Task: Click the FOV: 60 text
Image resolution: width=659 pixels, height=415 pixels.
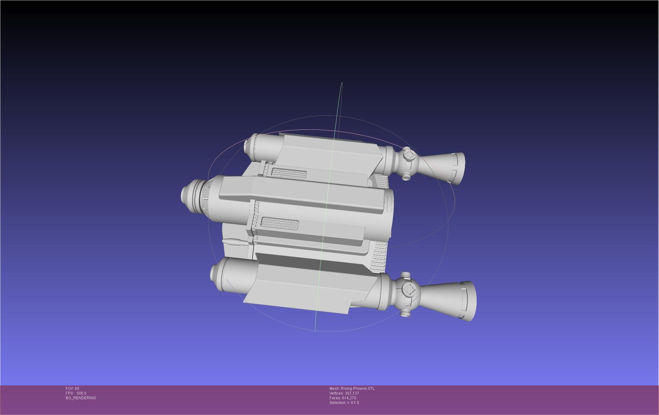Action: click(72, 389)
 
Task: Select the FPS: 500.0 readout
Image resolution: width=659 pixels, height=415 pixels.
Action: click(76, 393)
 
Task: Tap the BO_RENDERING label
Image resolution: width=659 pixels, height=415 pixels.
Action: click(81, 398)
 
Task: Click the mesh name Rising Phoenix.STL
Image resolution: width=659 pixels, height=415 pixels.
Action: click(352, 389)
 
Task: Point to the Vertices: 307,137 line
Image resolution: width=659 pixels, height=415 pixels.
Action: click(344, 393)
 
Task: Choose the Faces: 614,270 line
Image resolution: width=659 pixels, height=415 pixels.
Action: click(343, 398)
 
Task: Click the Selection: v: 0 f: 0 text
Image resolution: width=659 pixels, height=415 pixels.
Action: click(344, 403)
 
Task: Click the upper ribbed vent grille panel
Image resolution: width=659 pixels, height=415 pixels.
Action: click(289, 173)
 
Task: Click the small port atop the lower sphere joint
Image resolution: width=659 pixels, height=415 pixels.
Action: click(405, 274)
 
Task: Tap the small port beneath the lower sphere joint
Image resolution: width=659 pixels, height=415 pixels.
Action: click(405, 313)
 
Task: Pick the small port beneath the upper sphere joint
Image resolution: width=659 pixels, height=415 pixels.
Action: click(406, 177)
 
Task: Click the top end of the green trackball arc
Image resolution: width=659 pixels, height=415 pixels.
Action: click(342, 83)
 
